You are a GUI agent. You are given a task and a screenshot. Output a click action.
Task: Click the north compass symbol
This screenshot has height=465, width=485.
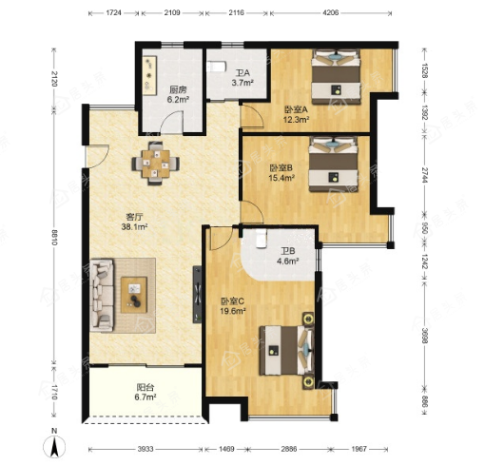tap(54, 445)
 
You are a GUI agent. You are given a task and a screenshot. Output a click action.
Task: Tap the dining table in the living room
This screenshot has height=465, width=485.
tap(155, 164)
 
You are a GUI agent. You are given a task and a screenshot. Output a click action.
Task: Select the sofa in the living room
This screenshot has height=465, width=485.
tap(102, 296)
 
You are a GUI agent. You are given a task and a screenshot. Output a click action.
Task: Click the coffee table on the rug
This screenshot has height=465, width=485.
tap(134, 295)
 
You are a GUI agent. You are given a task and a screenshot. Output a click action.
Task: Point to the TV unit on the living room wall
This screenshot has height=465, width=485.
tap(197, 295)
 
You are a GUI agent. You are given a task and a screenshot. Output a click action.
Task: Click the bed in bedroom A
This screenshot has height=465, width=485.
tap(336, 76)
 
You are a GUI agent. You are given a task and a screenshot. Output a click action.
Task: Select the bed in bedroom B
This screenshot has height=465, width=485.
tap(334, 164)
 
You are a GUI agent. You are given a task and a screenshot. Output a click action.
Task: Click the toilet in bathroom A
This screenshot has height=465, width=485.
tap(217, 67)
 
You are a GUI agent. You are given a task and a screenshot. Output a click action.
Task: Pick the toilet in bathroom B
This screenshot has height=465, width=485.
tap(262, 238)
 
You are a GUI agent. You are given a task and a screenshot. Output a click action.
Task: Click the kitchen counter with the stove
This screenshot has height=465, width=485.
tap(149, 75)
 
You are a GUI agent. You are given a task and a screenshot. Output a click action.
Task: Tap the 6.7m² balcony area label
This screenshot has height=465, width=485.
tap(145, 397)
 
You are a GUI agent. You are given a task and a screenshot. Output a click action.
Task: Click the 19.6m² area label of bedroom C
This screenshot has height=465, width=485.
tap(233, 311)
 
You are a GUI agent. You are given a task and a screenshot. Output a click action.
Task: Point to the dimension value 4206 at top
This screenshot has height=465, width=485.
tap(330, 12)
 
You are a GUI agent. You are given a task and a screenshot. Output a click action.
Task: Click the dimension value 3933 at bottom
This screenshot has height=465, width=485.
tap(145, 449)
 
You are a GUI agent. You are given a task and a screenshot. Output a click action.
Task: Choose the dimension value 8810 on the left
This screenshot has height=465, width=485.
tap(54, 238)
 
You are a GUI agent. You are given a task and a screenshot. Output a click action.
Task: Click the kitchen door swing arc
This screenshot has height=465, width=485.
tap(171, 122)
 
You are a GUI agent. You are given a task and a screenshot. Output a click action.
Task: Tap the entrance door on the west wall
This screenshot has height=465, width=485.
tap(97, 156)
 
